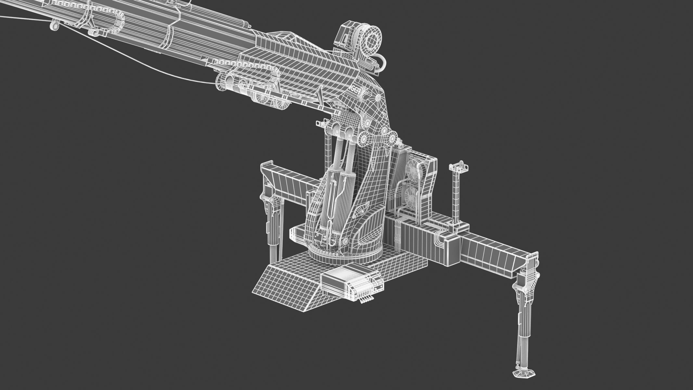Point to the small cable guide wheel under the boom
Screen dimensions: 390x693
pyautogui.click(x=54, y=25)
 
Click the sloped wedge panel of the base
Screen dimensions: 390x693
pyautogui.click(x=283, y=279)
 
